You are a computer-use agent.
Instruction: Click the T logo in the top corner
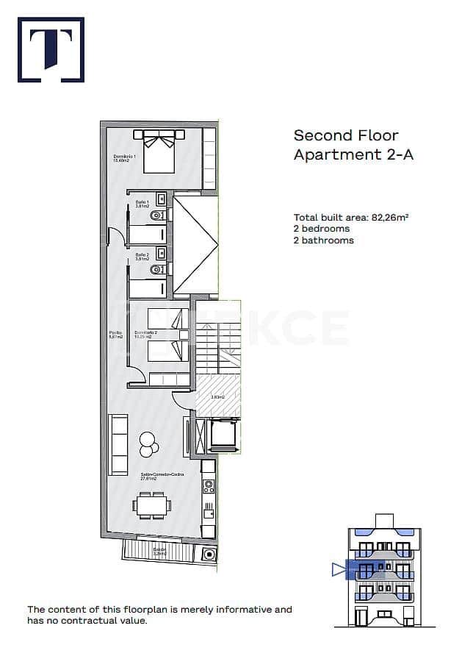[50, 49]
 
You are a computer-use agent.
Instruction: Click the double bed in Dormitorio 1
[159, 149]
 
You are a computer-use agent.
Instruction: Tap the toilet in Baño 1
[156, 216]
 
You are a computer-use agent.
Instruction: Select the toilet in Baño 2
[156, 270]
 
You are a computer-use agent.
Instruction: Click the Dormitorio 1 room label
[122, 159]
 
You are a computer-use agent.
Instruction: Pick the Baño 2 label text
[142, 257]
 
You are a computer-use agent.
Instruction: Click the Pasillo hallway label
[115, 335]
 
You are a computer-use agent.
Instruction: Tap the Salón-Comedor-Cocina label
[161, 476]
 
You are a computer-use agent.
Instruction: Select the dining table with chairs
[152, 505]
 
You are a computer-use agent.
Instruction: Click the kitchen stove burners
[209, 485]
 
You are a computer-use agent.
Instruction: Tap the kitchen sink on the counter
[209, 507]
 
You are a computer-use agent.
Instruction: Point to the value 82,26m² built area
[389, 218]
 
